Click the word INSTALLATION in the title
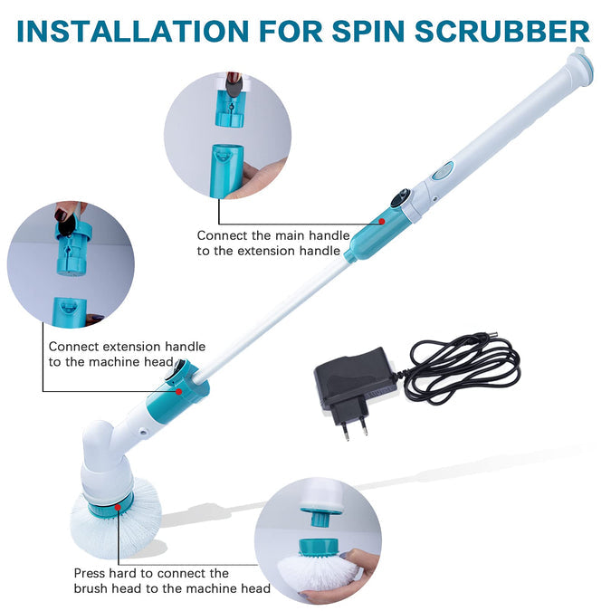click(x=132, y=31)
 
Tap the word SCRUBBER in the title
click(x=502, y=31)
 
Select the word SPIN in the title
click(x=368, y=31)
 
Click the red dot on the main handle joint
click(x=382, y=222)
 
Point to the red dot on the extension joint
click(x=179, y=392)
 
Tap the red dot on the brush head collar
click(x=118, y=507)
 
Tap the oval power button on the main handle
click(x=443, y=171)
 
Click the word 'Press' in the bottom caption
click(x=90, y=574)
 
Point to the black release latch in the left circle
click(x=66, y=224)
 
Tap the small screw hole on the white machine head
click(x=143, y=432)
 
